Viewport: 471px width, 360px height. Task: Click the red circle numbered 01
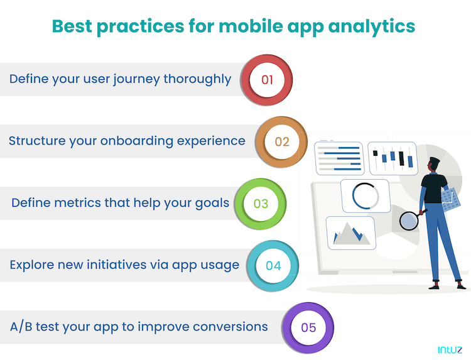[x=268, y=80]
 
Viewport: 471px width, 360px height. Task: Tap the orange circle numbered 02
[x=282, y=141]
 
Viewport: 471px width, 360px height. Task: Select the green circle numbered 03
[x=261, y=204]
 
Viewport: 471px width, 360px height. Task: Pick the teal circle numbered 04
[x=273, y=265]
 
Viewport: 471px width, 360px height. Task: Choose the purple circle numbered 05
[x=308, y=327]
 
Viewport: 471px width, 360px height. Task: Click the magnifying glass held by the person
[x=409, y=221]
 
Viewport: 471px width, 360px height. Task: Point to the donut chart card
[x=365, y=195]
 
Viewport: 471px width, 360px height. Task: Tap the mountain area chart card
[x=350, y=232]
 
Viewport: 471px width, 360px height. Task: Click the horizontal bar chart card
[x=339, y=158]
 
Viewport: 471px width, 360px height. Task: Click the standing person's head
[x=433, y=164]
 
